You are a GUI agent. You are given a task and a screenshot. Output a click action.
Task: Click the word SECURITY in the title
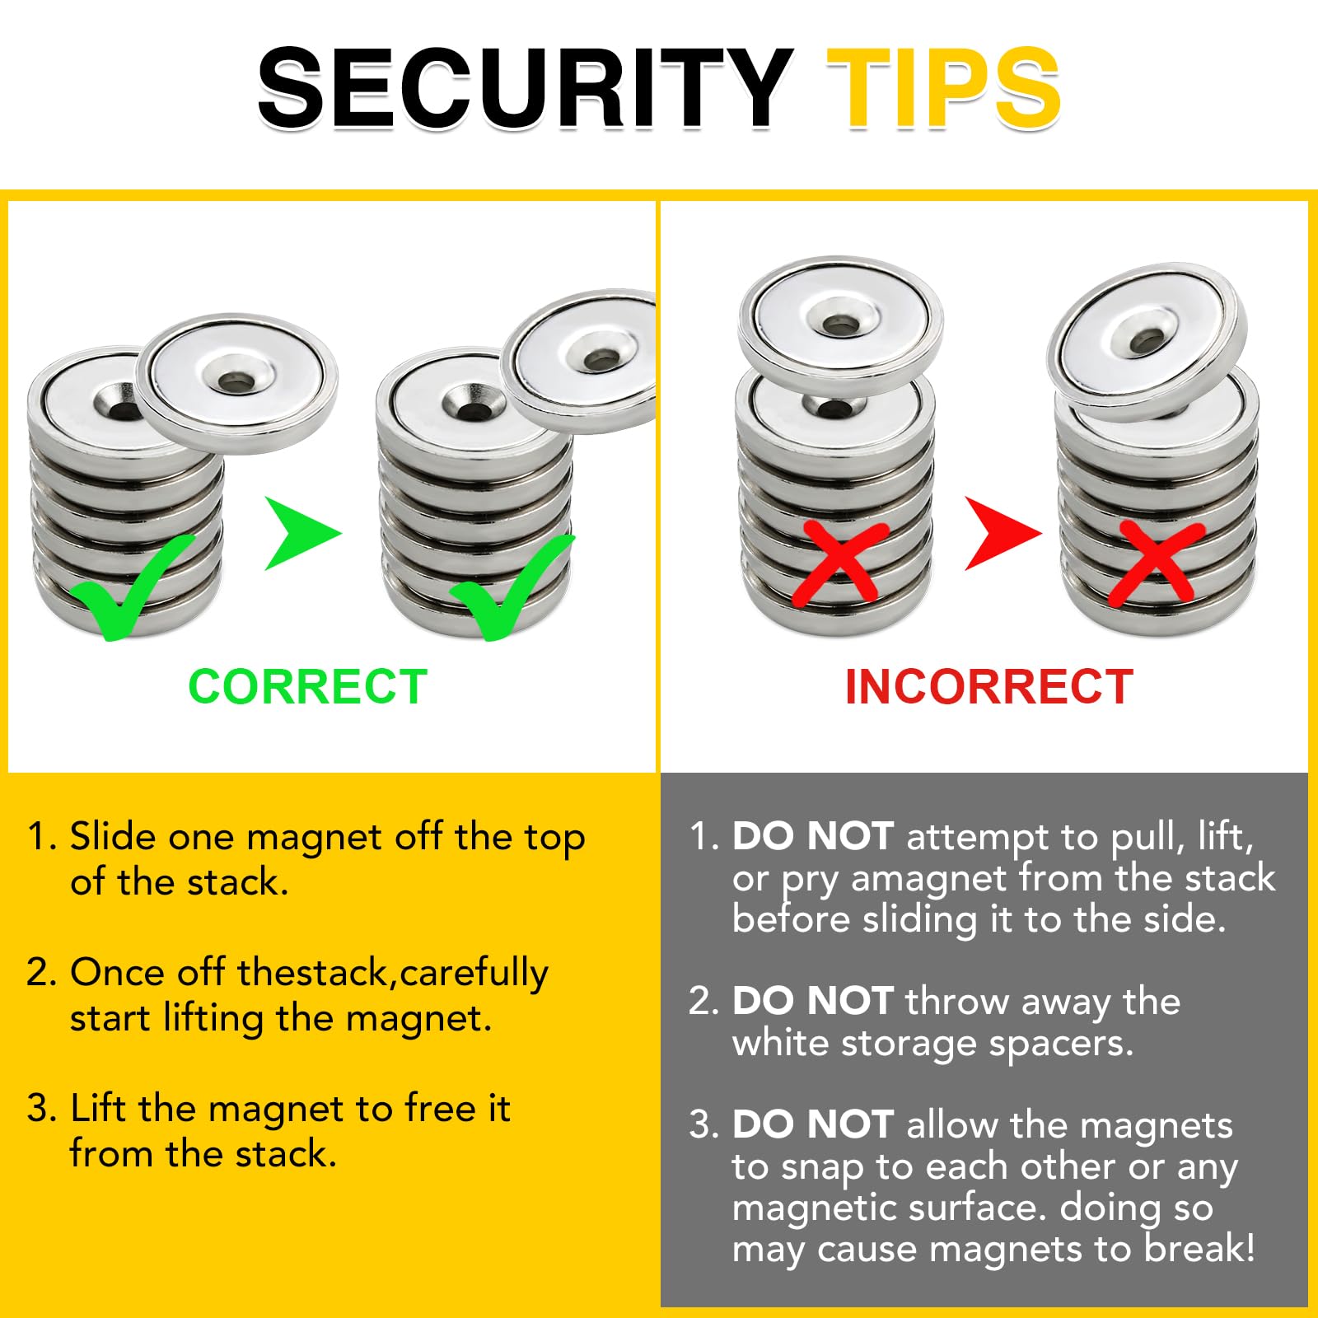(526, 87)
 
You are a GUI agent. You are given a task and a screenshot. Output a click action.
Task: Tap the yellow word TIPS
(943, 87)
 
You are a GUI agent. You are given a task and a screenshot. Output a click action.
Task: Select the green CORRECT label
(308, 686)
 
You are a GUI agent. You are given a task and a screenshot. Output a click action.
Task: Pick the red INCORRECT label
(989, 686)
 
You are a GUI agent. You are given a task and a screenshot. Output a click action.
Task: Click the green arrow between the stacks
(302, 534)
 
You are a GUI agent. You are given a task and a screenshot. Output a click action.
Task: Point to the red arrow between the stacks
(1003, 534)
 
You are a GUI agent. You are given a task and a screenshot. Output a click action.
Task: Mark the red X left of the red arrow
(840, 563)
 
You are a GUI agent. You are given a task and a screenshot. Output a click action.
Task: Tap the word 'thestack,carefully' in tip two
(392, 974)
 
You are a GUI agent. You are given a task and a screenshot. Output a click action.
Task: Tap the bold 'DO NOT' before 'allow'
(813, 1124)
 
